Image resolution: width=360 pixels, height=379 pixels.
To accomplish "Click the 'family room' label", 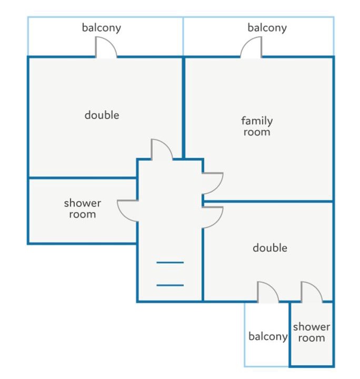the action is [x=257, y=126].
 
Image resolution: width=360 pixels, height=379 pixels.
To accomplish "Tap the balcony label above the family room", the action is [x=267, y=28].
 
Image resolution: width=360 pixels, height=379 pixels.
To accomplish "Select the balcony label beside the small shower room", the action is [x=268, y=336].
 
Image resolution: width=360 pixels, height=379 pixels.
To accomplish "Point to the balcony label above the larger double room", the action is [x=102, y=28].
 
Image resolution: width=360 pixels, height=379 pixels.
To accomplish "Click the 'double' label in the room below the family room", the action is [x=270, y=248].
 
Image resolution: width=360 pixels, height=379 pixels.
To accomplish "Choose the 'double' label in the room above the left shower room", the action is [x=102, y=115].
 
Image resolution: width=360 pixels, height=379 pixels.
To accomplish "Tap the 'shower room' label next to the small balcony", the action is [x=312, y=332].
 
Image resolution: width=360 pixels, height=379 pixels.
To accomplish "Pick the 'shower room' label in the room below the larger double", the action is [x=83, y=208].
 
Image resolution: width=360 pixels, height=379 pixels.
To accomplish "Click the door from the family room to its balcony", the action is [x=251, y=47].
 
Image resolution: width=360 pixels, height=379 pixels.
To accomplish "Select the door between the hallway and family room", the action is [x=213, y=183].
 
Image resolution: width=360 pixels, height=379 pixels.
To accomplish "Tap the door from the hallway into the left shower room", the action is [x=127, y=211].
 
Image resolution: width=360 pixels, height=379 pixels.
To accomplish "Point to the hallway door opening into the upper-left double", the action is [x=162, y=149].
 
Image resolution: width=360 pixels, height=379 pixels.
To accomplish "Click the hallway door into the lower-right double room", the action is [x=213, y=217].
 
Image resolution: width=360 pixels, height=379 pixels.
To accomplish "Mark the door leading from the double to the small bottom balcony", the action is [x=268, y=292].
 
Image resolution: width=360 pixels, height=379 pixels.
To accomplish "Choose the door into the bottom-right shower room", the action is [x=312, y=292].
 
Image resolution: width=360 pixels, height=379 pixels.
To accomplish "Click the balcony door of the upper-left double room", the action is [x=106, y=47].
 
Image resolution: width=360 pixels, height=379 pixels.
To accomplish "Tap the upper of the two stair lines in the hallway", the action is [x=170, y=262].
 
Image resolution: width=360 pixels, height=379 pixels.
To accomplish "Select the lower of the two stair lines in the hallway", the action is [x=170, y=285].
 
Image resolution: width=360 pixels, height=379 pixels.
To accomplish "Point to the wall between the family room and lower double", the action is [x=268, y=201].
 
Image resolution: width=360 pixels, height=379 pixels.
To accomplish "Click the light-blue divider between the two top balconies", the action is [x=183, y=36].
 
